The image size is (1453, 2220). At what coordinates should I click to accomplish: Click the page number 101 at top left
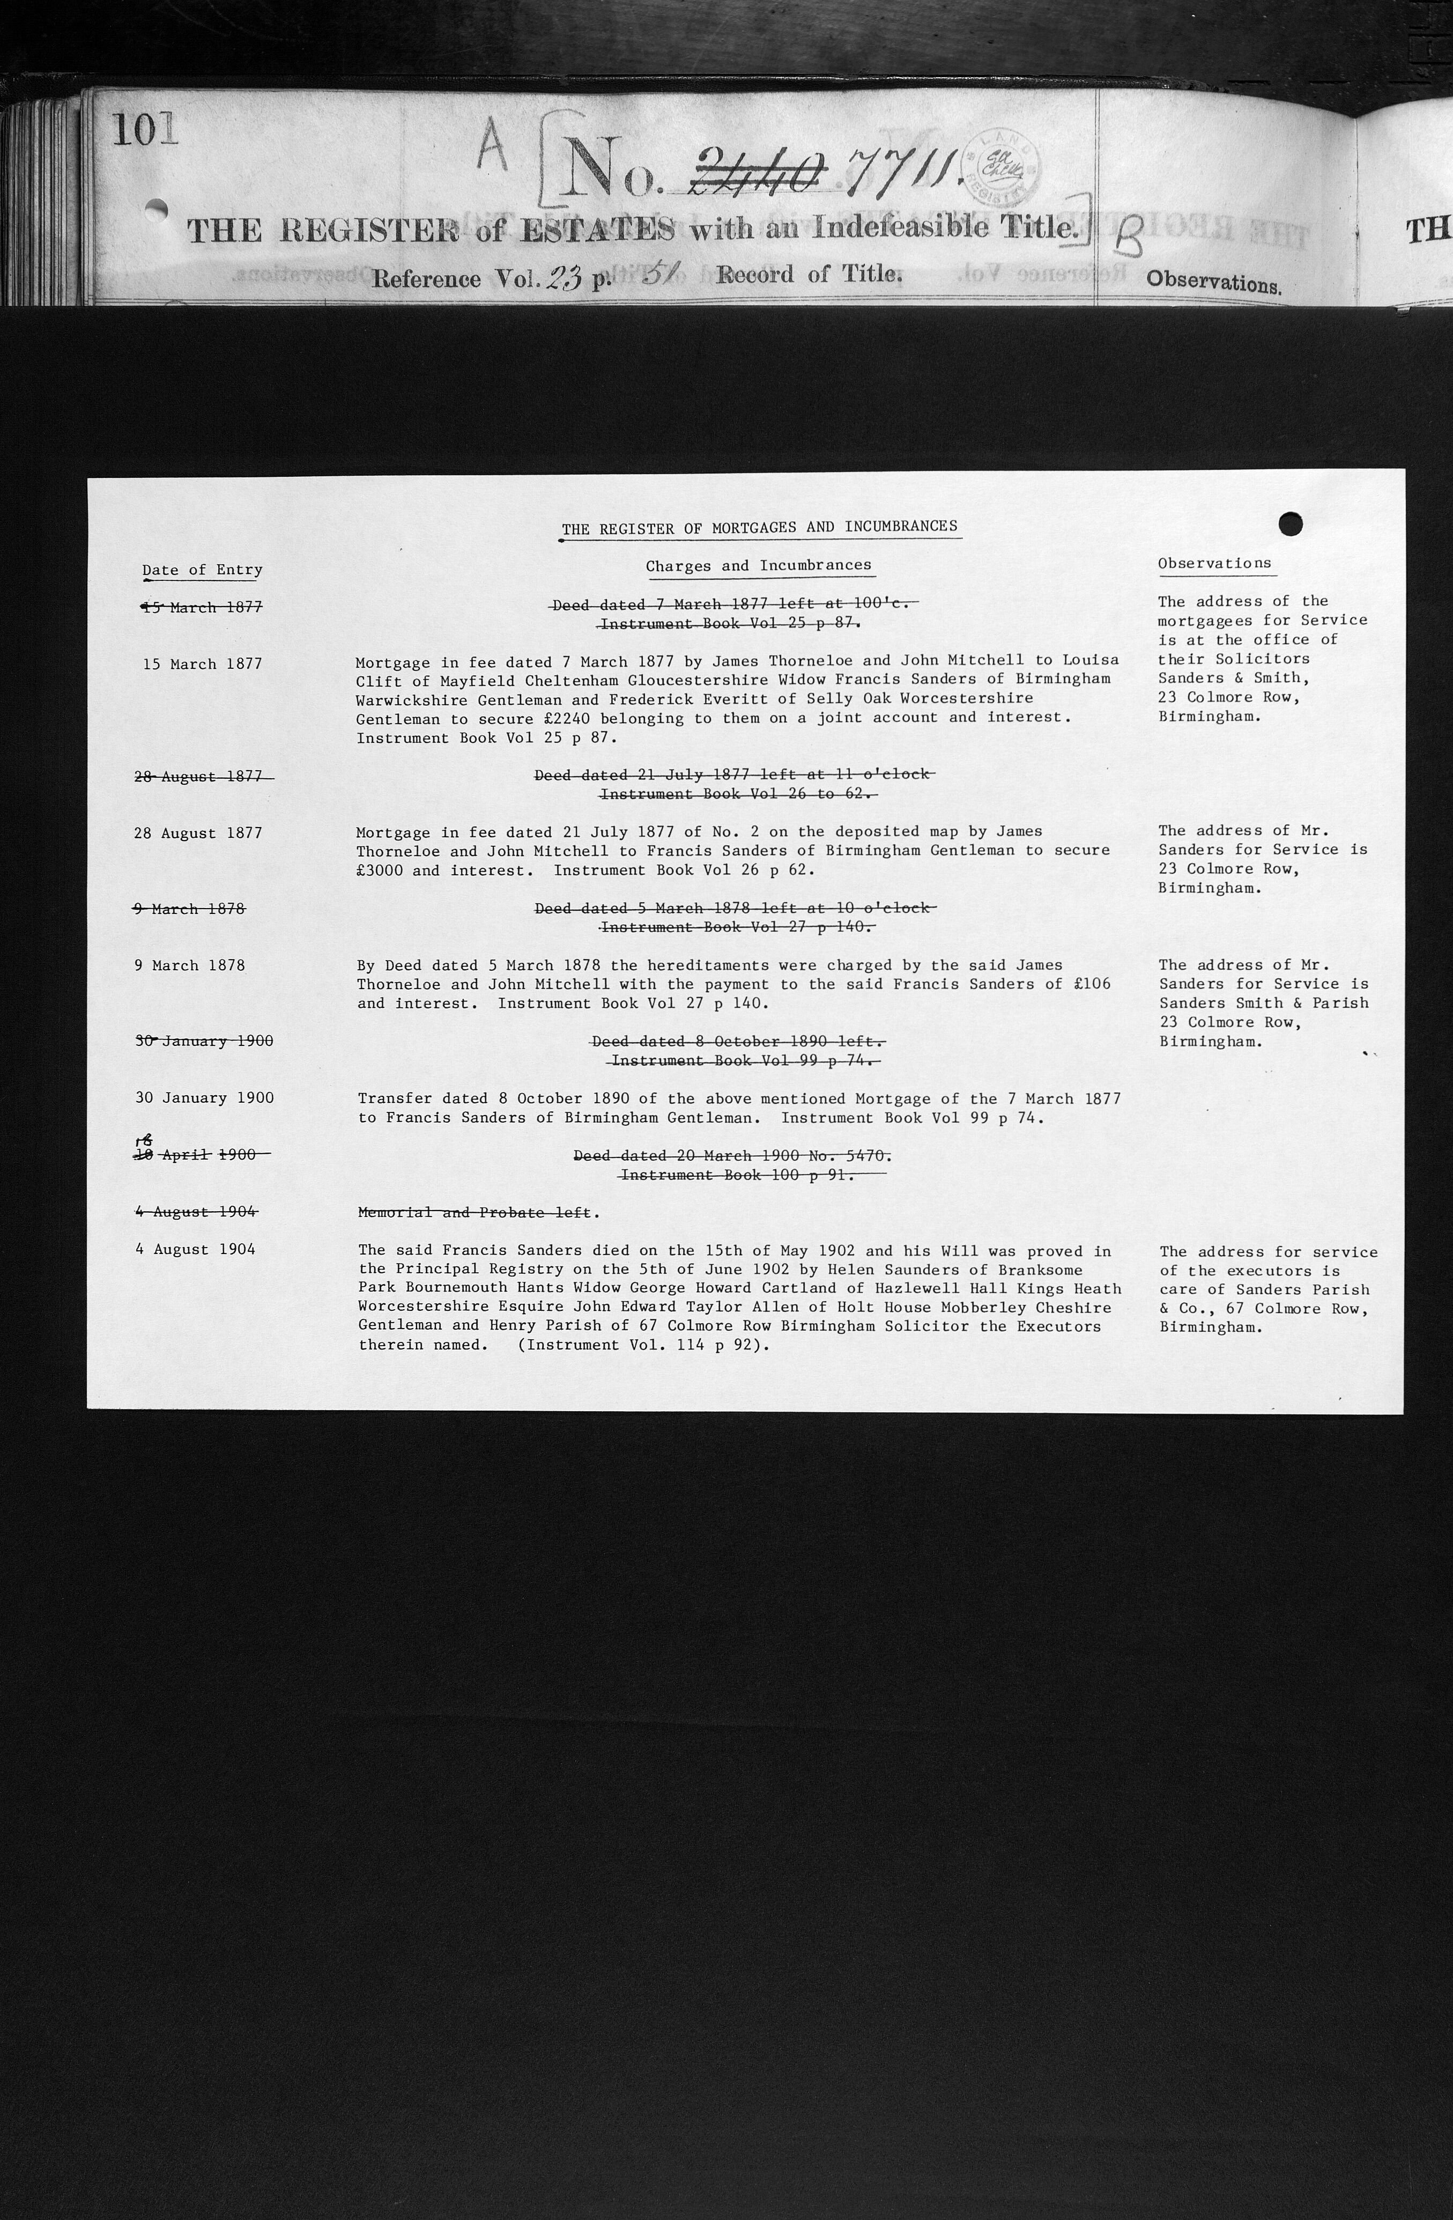(x=145, y=130)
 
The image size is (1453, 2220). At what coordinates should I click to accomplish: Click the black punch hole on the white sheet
(x=1290, y=524)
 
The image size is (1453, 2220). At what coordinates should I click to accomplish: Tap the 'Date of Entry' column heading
(x=202, y=570)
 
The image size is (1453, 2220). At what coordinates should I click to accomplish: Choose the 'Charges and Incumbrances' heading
(x=758, y=565)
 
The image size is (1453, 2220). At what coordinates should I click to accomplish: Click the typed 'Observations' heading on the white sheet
(x=1214, y=563)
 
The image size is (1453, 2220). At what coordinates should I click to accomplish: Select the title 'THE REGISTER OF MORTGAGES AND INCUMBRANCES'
(x=759, y=528)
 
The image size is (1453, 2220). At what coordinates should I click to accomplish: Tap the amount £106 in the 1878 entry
(x=1092, y=984)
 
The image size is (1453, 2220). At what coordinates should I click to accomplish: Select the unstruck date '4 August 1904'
(x=195, y=1249)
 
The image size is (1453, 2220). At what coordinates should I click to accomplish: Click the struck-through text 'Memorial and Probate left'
(x=475, y=1213)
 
